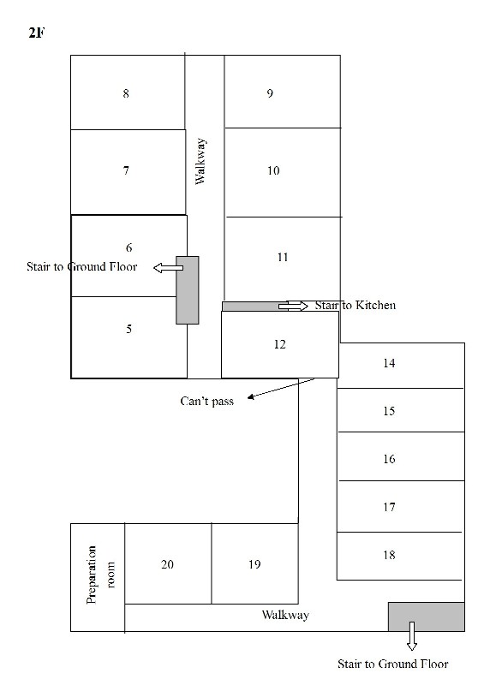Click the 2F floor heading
(37, 33)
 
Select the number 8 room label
(126, 93)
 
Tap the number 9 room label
(270, 93)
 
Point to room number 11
(283, 257)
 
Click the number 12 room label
(279, 344)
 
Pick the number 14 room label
(389, 363)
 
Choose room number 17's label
(389, 507)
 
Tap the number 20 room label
(167, 564)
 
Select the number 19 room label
(254, 564)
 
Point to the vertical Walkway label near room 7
(200, 161)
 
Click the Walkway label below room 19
(285, 615)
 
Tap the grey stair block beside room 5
(188, 290)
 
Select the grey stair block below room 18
(427, 616)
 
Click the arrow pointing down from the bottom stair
(412, 636)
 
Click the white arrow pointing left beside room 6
(168, 268)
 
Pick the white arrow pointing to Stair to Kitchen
(293, 306)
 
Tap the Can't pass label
(206, 402)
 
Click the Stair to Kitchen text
(356, 306)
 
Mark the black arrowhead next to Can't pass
(251, 397)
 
